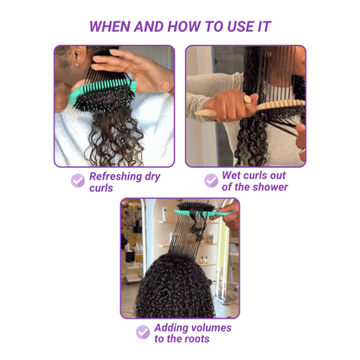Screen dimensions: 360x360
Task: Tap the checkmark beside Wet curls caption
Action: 211,180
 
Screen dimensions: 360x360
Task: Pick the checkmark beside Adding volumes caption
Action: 143,332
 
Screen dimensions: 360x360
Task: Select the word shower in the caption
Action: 267,187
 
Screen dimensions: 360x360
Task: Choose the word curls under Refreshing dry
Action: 101,188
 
